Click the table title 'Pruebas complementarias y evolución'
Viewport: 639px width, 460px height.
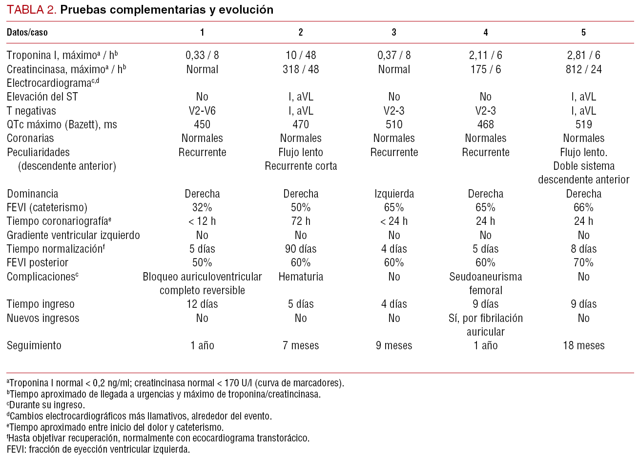click(166, 10)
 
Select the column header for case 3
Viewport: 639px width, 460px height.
click(394, 33)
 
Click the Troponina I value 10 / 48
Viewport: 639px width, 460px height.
click(301, 56)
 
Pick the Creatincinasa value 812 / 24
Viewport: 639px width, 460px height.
click(583, 69)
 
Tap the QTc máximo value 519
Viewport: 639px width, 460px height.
click(583, 124)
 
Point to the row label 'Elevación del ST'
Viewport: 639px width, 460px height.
click(42, 97)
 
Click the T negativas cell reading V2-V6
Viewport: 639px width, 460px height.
click(202, 111)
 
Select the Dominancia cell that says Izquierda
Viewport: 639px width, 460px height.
click(394, 194)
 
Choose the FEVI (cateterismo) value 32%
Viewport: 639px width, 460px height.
click(202, 207)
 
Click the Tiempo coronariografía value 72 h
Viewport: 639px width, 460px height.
click(301, 221)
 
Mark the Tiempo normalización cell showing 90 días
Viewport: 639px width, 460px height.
click(301, 249)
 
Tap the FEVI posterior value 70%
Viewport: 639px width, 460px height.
click(583, 262)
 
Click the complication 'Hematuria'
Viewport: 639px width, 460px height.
click(301, 277)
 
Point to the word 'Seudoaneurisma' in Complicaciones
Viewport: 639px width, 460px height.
click(485, 277)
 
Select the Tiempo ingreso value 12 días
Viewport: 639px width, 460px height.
click(202, 304)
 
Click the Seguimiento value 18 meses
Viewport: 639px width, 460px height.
click(583, 346)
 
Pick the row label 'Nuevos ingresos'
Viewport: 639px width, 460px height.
click(43, 318)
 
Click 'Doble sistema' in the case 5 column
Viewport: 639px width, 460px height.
click(583, 166)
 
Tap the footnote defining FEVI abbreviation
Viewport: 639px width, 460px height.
click(98, 449)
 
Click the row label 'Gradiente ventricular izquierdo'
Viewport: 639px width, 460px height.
click(73, 235)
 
